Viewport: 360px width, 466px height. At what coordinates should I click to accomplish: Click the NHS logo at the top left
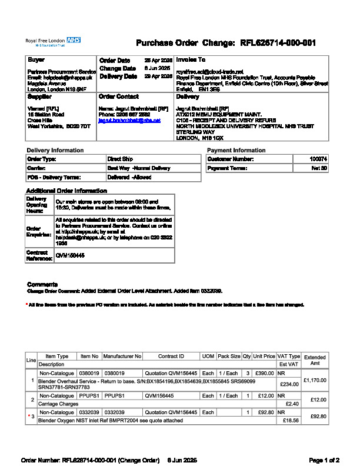pos(74,39)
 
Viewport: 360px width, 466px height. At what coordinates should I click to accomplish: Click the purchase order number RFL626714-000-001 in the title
pos(278,43)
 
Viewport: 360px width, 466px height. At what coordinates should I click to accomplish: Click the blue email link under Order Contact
pos(129,120)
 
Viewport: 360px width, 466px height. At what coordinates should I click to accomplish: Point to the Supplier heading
pos(39,96)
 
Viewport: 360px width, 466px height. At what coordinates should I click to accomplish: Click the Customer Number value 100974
pos(318,159)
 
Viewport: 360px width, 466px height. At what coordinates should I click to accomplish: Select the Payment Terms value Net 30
pos(319,169)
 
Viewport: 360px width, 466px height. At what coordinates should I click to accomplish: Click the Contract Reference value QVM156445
pos(69,255)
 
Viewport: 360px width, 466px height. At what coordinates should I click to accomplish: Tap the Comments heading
pos(42,284)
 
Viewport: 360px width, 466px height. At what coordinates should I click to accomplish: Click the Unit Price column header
pos(264,357)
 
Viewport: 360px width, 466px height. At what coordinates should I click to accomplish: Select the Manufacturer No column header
pos(122,357)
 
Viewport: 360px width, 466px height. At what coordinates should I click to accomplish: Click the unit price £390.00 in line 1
pos(264,373)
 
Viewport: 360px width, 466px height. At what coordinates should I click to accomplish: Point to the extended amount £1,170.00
pos(315,381)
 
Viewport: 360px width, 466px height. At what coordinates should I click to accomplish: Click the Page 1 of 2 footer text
pos(324,460)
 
